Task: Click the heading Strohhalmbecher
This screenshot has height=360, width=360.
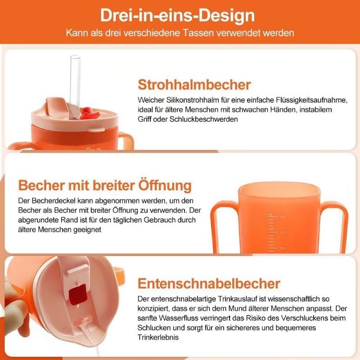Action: (194, 85)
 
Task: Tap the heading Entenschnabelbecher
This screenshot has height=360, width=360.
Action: (209, 283)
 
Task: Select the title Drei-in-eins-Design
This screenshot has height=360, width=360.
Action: (177, 15)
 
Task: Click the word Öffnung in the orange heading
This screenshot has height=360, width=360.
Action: (165, 185)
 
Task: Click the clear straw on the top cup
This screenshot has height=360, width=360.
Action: (75, 85)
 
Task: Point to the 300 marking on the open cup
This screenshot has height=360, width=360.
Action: (282, 217)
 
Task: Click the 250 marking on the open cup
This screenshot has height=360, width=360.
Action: (282, 232)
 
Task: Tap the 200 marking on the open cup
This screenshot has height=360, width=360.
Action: (282, 248)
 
